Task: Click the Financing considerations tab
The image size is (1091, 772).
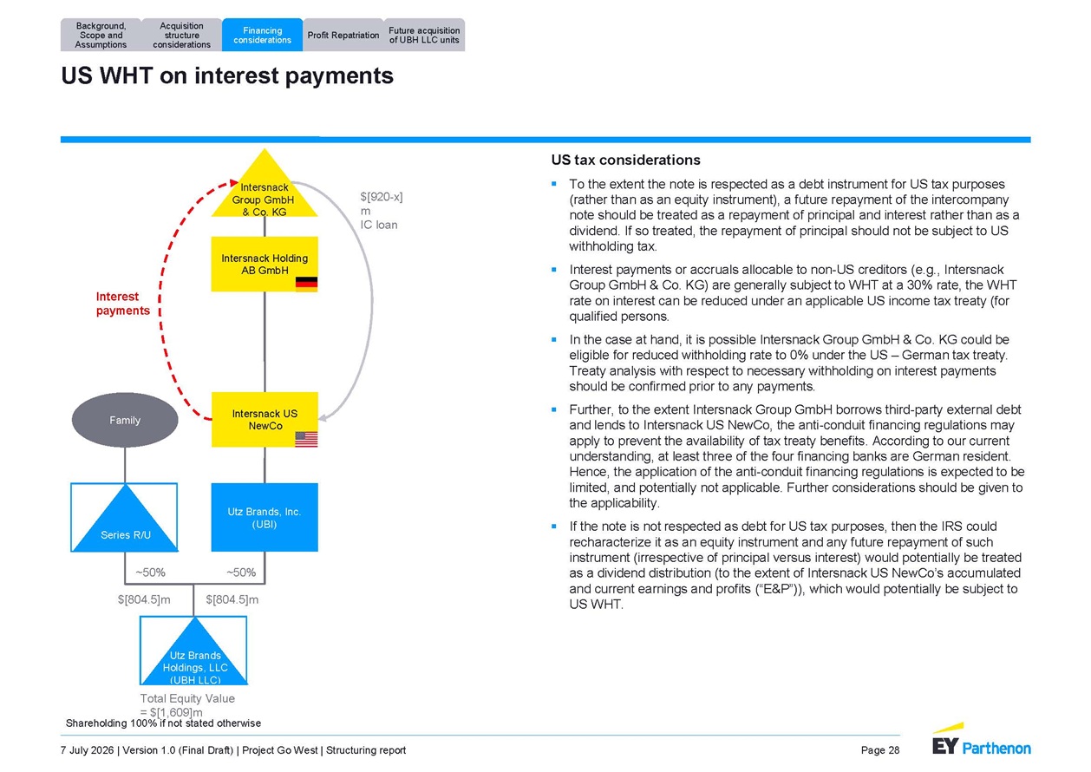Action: [262, 35]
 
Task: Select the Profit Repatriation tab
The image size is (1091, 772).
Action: [343, 35]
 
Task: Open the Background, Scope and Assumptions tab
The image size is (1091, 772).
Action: [101, 35]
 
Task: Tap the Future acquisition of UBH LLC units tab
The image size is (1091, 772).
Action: [424, 35]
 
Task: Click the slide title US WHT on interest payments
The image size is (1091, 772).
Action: [227, 76]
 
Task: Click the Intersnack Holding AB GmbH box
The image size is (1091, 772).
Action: [265, 264]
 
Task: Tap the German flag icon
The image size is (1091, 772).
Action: [306, 284]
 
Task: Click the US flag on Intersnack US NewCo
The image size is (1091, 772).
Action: [306, 439]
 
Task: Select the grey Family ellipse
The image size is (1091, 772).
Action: [125, 420]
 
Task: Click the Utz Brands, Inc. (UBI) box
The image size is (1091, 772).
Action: [265, 517]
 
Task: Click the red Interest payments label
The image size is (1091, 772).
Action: [123, 304]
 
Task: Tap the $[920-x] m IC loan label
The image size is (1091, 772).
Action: [382, 211]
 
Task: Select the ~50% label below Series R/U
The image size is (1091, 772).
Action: [151, 572]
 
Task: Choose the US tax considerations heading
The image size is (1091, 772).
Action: [626, 160]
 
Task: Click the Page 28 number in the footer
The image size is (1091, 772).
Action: [880, 750]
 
